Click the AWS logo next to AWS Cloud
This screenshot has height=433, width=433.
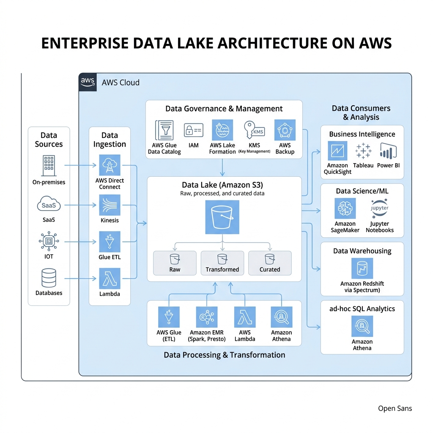click(x=88, y=82)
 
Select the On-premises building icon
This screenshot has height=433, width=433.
click(x=49, y=165)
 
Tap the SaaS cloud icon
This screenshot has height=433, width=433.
click(x=49, y=205)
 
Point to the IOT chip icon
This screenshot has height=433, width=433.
click(x=49, y=241)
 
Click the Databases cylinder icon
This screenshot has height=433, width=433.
click(x=49, y=278)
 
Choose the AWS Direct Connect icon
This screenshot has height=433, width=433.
click(x=110, y=165)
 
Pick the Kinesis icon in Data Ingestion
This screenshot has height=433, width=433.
click(x=110, y=205)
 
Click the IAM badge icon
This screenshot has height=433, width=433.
click(x=193, y=130)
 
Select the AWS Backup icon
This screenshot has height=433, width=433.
click(x=285, y=130)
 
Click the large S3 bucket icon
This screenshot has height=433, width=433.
click(x=222, y=217)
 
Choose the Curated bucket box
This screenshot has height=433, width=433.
click(x=270, y=263)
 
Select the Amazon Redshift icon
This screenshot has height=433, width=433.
click(x=362, y=269)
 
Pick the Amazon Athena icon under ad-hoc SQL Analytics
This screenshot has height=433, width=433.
click(x=362, y=326)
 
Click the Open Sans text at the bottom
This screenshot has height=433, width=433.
click(x=395, y=408)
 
